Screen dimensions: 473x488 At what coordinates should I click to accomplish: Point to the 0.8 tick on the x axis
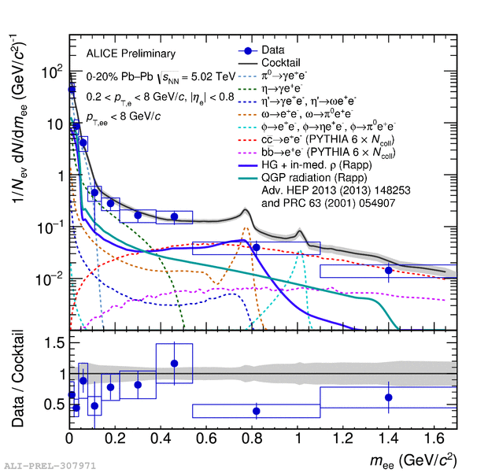click(x=252, y=434)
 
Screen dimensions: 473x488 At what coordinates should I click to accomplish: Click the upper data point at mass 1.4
click(x=389, y=271)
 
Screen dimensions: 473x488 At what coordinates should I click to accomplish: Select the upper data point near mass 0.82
click(x=257, y=247)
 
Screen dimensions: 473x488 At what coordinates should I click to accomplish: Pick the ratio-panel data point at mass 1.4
click(x=389, y=397)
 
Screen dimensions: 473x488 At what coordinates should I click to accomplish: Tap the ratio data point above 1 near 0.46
click(x=175, y=364)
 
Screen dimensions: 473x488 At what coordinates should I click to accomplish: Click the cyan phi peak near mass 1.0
click(x=299, y=252)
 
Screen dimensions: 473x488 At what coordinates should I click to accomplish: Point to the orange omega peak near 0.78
click(x=246, y=229)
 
